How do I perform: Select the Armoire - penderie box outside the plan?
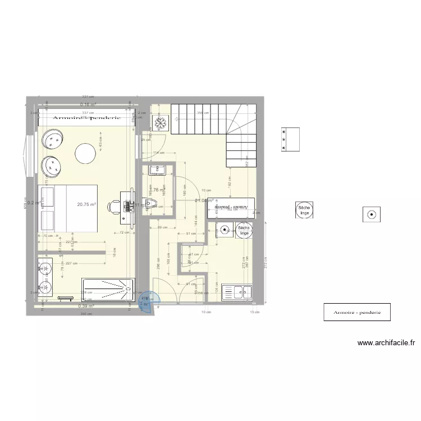tap(356, 313)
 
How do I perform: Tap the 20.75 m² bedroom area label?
tap(87, 205)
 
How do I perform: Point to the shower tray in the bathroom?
tap(108, 287)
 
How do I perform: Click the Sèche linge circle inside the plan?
tap(244, 230)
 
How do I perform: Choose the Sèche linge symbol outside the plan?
tap(305, 210)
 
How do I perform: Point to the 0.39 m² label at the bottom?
tap(86, 306)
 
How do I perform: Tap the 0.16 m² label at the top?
tap(88, 105)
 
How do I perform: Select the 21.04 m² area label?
tap(203, 200)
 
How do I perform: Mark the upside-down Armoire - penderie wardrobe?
tap(231, 208)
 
